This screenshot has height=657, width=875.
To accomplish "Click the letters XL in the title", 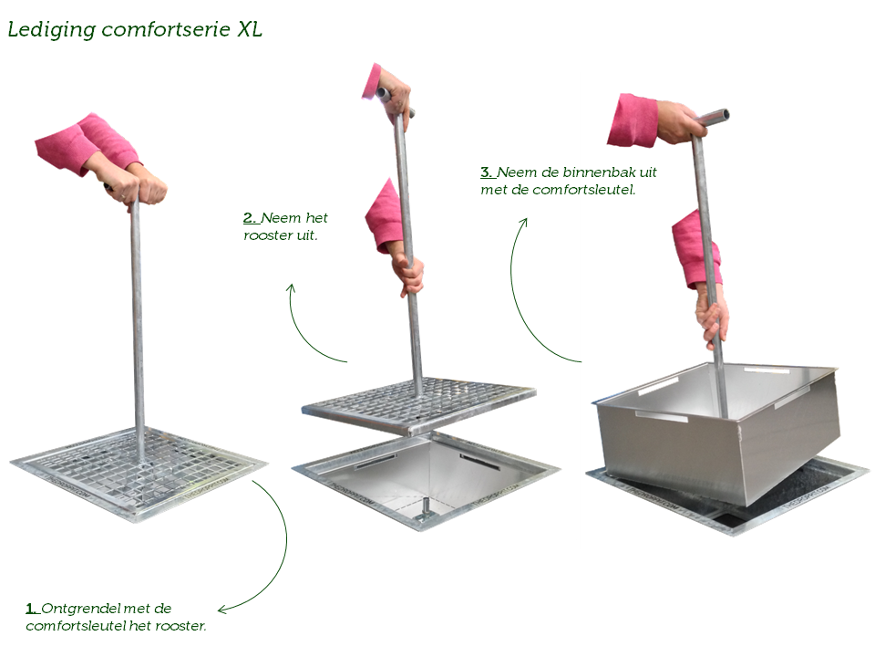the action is pyautogui.click(x=249, y=29).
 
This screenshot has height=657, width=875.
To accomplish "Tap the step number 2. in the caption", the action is pyautogui.click(x=250, y=218).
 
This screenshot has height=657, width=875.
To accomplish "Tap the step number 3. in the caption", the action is pyautogui.click(x=487, y=172).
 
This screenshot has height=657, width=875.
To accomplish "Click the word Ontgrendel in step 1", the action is pyautogui.click(x=80, y=609).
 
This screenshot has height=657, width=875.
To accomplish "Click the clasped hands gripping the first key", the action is pyautogui.click(x=137, y=187).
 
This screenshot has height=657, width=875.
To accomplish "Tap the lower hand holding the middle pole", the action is pyautogui.click(x=409, y=275).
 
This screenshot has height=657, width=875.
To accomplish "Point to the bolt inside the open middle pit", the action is pyautogui.click(x=425, y=508).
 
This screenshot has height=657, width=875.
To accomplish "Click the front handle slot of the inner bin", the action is pyautogui.click(x=662, y=417).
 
